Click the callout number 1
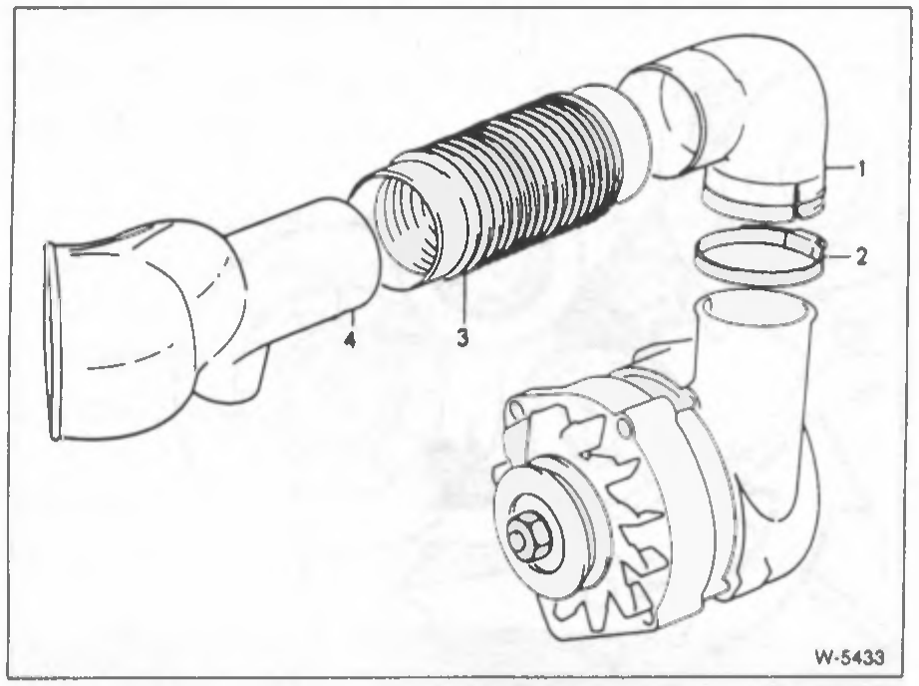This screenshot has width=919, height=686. click(x=860, y=170)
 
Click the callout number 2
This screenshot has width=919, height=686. click(x=860, y=256)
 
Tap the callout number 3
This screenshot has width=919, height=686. click(x=462, y=337)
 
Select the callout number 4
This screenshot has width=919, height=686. click(x=350, y=339)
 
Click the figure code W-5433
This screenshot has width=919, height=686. click(x=848, y=657)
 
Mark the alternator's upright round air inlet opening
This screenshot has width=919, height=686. click(x=755, y=307)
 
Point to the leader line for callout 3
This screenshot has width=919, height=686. click(x=463, y=299)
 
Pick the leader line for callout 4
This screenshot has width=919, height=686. click(x=351, y=318)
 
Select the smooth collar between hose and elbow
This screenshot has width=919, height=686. click(x=614, y=141)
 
